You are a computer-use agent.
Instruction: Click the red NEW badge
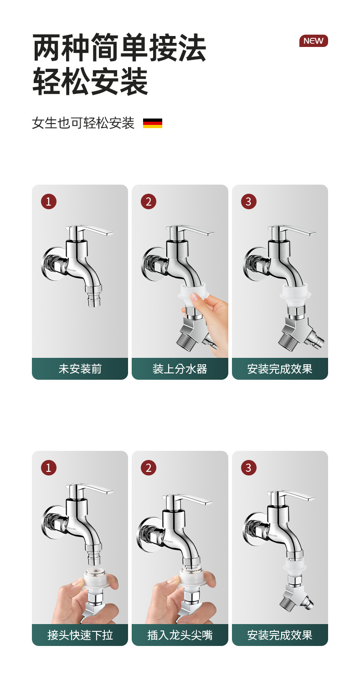pyautogui.click(x=314, y=41)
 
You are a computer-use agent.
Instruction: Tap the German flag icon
pyautogui.click(x=153, y=123)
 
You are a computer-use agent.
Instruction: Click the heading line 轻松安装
pyautogui.click(x=90, y=82)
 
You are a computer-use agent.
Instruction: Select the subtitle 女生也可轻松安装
pyautogui.click(x=83, y=123)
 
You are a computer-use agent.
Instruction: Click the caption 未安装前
pyautogui.click(x=80, y=369)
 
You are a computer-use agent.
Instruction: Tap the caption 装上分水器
pyautogui.click(x=180, y=369)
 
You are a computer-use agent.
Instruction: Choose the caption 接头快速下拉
pyautogui.click(x=80, y=635)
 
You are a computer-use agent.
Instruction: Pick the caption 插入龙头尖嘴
pyautogui.click(x=180, y=635)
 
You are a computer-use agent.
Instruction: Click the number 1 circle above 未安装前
pyautogui.click(x=49, y=202)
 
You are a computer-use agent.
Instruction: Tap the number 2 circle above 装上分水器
pyautogui.click(x=149, y=202)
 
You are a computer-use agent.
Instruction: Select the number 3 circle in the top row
pyautogui.click(x=248, y=202)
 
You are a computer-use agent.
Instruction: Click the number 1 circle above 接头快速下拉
pyautogui.click(x=49, y=468)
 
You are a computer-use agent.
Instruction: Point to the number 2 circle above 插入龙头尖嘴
pyautogui.click(x=149, y=468)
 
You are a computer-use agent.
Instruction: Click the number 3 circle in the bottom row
pyautogui.click(x=248, y=468)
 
